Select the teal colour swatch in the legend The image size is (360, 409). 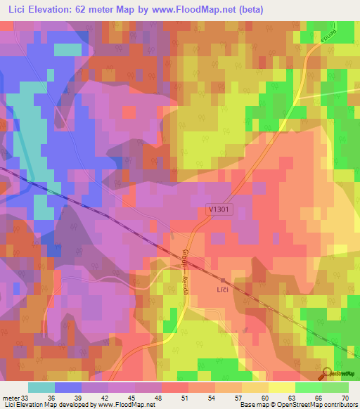41,387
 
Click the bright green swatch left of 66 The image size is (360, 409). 308,387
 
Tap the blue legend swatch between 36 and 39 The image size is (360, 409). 68,387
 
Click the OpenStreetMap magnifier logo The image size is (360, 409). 328,374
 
